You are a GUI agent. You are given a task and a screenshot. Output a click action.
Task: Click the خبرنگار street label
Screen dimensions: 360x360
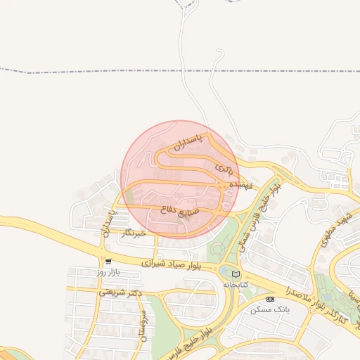pyautogui.click(x=133, y=233)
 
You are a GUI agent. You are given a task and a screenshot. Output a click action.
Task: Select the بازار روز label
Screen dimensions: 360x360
pyautogui.click(x=110, y=272)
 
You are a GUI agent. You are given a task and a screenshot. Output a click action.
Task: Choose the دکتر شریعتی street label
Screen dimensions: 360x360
pyautogui.click(x=120, y=292)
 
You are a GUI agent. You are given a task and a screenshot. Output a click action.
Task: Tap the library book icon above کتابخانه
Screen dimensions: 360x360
pyautogui.click(x=236, y=274)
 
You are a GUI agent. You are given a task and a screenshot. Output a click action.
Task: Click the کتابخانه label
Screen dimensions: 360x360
pyautogui.click(x=236, y=285)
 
